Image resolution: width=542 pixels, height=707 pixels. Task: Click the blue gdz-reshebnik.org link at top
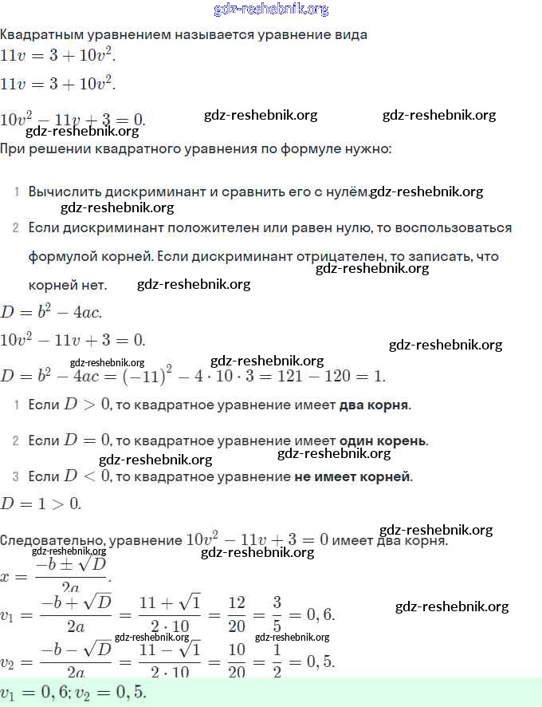click(271, 10)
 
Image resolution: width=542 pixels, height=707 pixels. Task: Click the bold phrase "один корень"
click(383, 440)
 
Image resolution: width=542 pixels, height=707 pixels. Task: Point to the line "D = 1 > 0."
click(41, 504)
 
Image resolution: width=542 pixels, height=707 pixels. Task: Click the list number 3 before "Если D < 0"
click(16, 477)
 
